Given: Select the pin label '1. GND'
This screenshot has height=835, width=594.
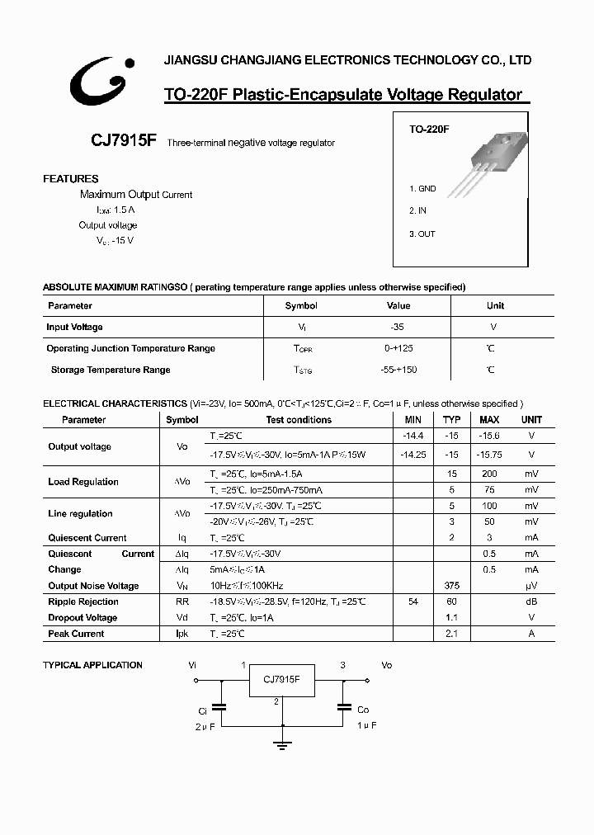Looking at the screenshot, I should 422,189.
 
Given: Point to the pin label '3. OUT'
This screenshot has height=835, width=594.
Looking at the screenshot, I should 422,234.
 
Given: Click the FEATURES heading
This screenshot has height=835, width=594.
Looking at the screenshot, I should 70,179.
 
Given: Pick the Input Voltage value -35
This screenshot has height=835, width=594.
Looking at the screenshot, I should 397,328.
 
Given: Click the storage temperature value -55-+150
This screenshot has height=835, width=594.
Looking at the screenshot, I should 398,370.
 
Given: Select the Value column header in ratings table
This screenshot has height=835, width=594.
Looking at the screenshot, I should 398,305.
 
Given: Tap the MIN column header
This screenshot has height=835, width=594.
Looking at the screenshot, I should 412,420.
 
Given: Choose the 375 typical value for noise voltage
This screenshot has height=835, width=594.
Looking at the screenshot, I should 451,586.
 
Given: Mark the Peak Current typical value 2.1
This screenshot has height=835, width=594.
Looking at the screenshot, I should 451,634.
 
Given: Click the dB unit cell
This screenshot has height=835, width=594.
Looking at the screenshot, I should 531,602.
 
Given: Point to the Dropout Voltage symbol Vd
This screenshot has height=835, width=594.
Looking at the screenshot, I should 181,618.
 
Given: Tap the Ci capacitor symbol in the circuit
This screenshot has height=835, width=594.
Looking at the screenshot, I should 220,706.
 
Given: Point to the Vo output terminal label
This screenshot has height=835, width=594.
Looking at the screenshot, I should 386,665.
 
